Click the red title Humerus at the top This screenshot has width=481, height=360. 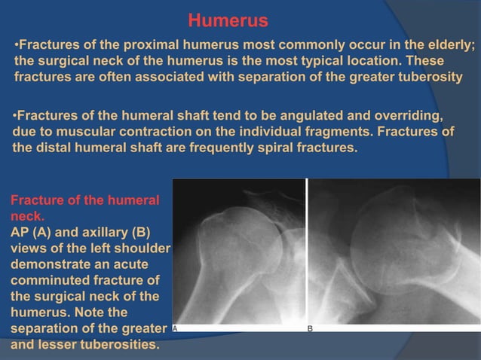pyautogui.click(x=227, y=19)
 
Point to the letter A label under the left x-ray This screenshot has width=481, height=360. pyautogui.click(x=176, y=329)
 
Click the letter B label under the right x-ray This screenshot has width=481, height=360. pyautogui.click(x=310, y=329)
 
